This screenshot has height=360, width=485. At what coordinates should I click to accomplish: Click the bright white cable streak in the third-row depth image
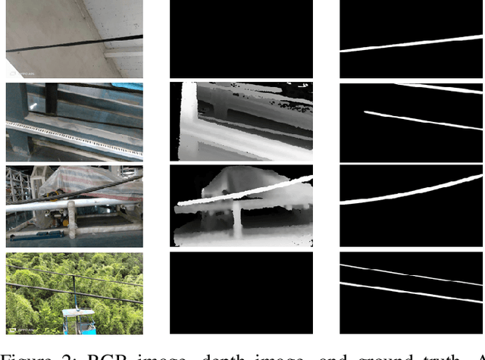coord(242,193)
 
